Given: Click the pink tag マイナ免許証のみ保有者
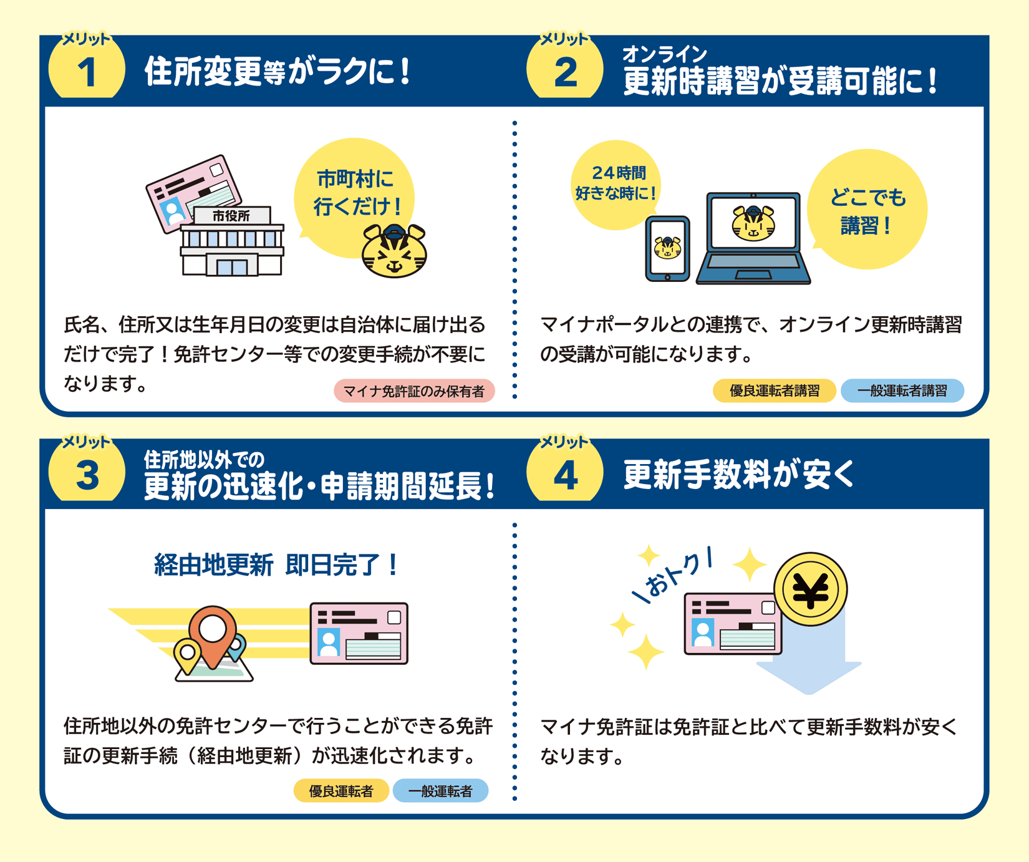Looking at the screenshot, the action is [414, 391].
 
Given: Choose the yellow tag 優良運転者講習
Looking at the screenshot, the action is [774, 391].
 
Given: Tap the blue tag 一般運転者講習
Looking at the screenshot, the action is [902, 391].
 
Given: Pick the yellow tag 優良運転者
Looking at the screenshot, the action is [341, 791].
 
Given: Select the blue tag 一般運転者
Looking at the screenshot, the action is [440, 791].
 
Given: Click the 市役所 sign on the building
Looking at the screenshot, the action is [231, 216].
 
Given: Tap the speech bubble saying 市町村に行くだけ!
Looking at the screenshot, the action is [354, 196].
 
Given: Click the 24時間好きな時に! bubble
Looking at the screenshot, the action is [616, 185].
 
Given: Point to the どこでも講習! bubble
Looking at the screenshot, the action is [867, 209].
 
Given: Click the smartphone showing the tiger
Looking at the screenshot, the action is [667, 249].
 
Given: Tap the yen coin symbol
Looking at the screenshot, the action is [810, 589].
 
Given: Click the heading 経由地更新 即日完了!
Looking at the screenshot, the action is [276, 565].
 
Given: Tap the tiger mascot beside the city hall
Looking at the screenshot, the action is [394, 251].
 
